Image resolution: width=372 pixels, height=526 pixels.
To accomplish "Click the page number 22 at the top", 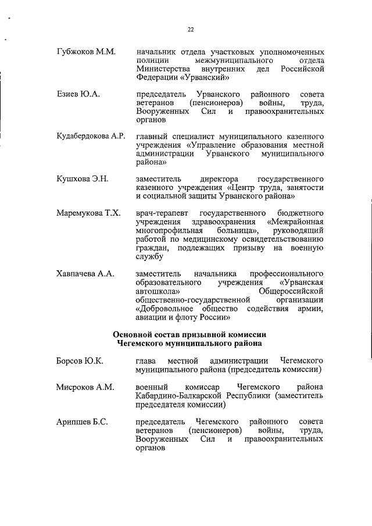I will tap(190, 30).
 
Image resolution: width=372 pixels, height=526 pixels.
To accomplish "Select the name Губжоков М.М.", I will tap(87, 52).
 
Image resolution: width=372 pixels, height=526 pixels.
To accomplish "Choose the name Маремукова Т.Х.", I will tap(88, 213).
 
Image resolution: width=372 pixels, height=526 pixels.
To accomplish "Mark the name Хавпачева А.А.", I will tap(85, 273).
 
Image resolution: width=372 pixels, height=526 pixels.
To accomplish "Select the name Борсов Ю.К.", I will tap(80, 361).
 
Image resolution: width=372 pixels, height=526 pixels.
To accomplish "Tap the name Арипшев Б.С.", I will tap(82, 420).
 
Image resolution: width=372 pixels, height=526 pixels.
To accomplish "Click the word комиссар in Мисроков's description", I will tap(203, 387).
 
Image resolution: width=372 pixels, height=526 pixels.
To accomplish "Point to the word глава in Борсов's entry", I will tap(146, 361).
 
